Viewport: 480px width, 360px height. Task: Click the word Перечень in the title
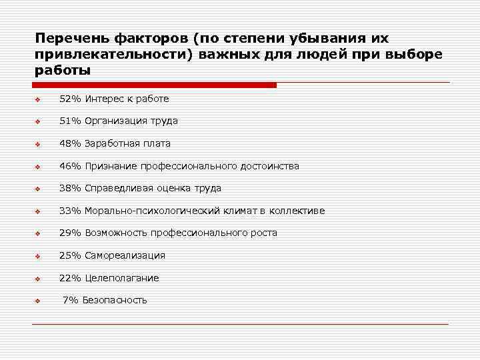coord(65,39)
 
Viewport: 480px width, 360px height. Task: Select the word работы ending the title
coord(62,70)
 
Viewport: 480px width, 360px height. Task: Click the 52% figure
coord(70,99)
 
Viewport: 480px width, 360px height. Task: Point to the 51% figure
coord(70,121)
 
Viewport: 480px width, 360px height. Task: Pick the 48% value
coord(70,143)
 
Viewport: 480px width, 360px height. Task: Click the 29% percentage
coord(70,233)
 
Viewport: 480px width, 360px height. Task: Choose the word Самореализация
coord(125,255)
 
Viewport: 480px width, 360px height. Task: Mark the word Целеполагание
coord(121,278)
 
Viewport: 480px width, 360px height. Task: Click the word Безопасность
coord(115,300)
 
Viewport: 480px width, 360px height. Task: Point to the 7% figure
coord(70,300)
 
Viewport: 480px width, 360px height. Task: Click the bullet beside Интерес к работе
coord(39,100)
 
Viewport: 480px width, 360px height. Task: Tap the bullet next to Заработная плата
coord(39,145)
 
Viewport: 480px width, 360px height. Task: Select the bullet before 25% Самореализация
coord(39,257)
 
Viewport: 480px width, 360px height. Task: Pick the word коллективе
coord(297,211)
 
